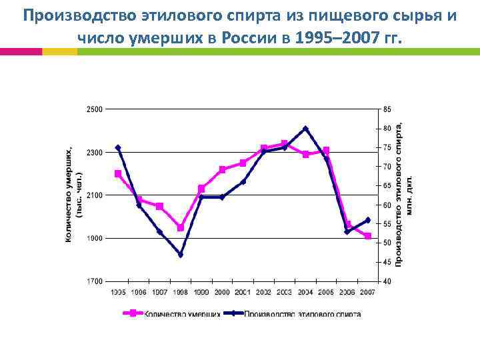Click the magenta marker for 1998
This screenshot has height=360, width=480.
[181, 228]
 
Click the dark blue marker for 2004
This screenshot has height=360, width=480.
[305, 128]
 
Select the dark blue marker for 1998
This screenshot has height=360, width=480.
[181, 255]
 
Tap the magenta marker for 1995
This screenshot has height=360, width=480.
[118, 173]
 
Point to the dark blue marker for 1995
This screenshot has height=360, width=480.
[118, 147]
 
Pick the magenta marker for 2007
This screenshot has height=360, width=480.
[368, 236]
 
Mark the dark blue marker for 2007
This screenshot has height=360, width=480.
[368, 220]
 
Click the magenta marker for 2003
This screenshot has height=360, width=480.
[285, 143]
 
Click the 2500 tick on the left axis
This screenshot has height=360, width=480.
[94, 109]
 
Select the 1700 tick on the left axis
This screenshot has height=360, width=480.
[94, 282]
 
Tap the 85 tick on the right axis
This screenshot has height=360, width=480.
[387, 109]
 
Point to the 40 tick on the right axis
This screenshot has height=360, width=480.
[387, 282]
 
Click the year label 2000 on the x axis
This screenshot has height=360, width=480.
[222, 292]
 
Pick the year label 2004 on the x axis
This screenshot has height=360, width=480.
[305, 292]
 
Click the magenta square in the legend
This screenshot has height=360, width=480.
[133, 313]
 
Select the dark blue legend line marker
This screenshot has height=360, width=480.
[234, 313]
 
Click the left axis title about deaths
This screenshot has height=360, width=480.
[73, 195]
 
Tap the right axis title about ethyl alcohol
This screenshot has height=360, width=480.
[404, 195]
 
